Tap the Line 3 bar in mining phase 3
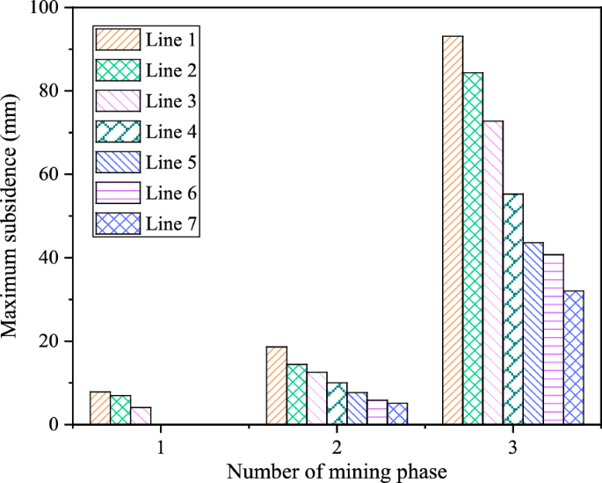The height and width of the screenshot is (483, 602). pyautogui.click(x=493, y=273)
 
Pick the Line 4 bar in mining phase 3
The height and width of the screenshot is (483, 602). pyautogui.click(x=513, y=309)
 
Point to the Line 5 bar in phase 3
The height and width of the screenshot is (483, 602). pyautogui.click(x=533, y=333)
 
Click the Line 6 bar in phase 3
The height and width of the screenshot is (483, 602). pyautogui.click(x=554, y=340)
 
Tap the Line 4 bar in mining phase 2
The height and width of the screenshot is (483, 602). pyautogui.click(x=337, y=404)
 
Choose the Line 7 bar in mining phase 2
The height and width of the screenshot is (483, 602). pyautogui.click(x=397, y=413)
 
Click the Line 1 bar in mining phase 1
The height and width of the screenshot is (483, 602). pyautogui.click(x=99, y=408)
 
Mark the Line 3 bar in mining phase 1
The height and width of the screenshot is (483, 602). pyautogui.click(x=140, y=416)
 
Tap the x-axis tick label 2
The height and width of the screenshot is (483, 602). pyautogui.click(x=337, y=447)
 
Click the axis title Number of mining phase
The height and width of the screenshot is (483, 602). pyautogui.click(x=337, y=471)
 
